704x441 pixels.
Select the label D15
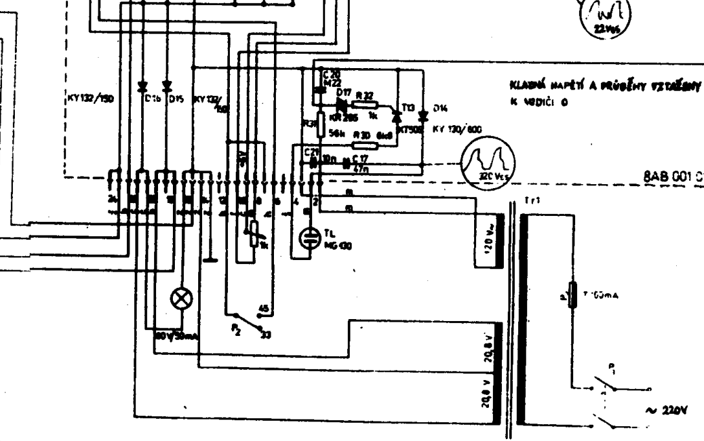pyautogui.click(x=176, y=100)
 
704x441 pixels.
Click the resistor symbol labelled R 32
pyautogui.click(x=367, y=103)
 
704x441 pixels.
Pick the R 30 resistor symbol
pyautogui.click(x=365, y=146)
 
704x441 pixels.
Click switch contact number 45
pyautogui.click(x=264, y=307)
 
